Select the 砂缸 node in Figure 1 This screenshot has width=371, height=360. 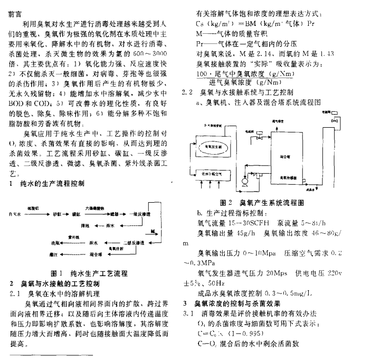pos(56,215)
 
